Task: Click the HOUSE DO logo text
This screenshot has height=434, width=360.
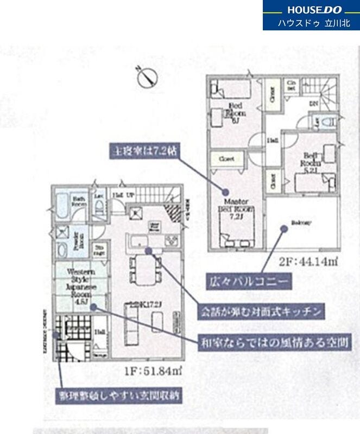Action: tap(311, 9)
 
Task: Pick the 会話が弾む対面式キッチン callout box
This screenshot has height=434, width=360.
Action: tap(261, 312)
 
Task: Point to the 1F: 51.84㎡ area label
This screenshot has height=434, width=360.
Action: tap(157, 370)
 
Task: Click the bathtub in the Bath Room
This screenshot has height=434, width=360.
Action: tap(62, 203)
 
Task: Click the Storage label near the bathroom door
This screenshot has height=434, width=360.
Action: tap(99, 250)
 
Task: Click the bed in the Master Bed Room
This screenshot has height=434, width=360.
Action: tap(236, 232)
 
